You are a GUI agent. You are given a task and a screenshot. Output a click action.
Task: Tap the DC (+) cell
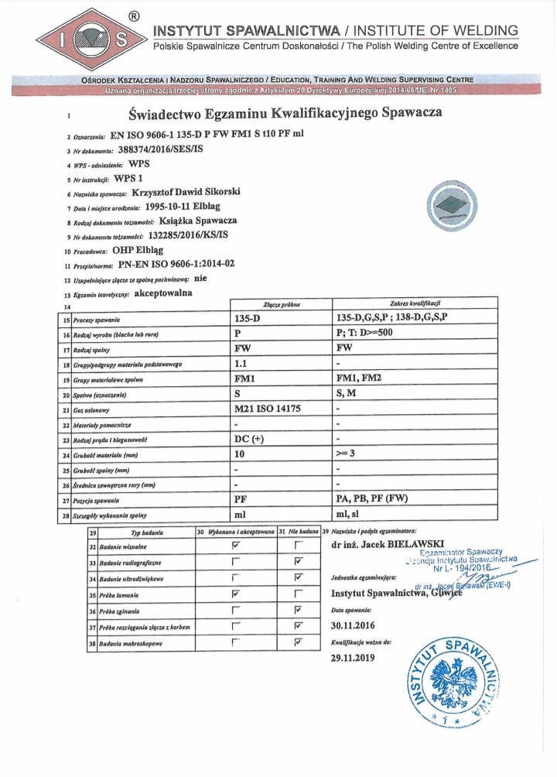click(249, 440)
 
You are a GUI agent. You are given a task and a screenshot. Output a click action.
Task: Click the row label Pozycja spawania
click(90, 500)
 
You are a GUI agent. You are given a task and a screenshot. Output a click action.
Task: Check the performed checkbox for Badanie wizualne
click(237, 546)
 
